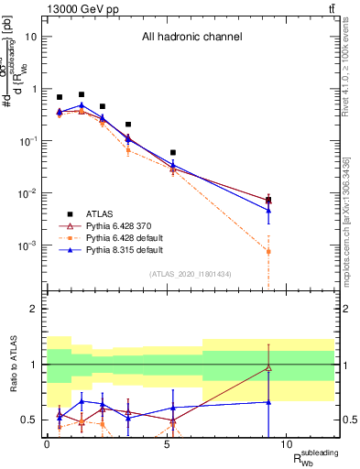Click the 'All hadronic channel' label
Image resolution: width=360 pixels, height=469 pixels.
[191, 38]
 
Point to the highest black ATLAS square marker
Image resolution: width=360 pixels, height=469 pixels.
[82, 94]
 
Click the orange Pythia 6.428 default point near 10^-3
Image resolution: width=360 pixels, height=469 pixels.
[268, 251]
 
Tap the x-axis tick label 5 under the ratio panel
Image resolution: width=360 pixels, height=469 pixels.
[167, 443]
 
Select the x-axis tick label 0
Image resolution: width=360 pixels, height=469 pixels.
[47, 443]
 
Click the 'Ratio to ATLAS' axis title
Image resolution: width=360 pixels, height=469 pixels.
[13, 364]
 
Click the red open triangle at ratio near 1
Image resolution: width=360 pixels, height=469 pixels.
[268, 368]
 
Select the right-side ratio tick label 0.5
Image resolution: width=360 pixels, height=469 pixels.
[349, 420]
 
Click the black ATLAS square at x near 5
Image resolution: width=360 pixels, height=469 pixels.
[173, 152]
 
